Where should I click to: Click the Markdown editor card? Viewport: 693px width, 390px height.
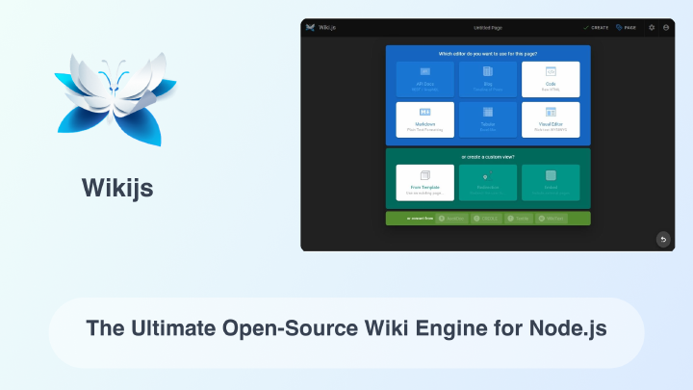click(424, 119)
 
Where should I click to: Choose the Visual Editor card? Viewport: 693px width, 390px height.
click(551, 119)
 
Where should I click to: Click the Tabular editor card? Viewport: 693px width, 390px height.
click(488, 119)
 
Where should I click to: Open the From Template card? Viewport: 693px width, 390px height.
click(424, 182)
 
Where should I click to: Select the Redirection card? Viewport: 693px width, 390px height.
click(488, 182)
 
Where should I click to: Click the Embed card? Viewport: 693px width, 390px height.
click(551, 182)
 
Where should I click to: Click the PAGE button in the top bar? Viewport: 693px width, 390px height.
click(626, 27)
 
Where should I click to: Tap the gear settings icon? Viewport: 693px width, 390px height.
click(652, 27)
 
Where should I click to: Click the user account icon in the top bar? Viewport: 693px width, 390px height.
click(666, 27)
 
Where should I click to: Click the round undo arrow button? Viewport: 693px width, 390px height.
click(662, 239)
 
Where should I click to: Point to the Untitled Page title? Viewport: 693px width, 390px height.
click(488, 27)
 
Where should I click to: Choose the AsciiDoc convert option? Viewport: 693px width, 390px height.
click(452, 219)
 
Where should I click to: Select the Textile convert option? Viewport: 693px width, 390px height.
click(519, 219)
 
